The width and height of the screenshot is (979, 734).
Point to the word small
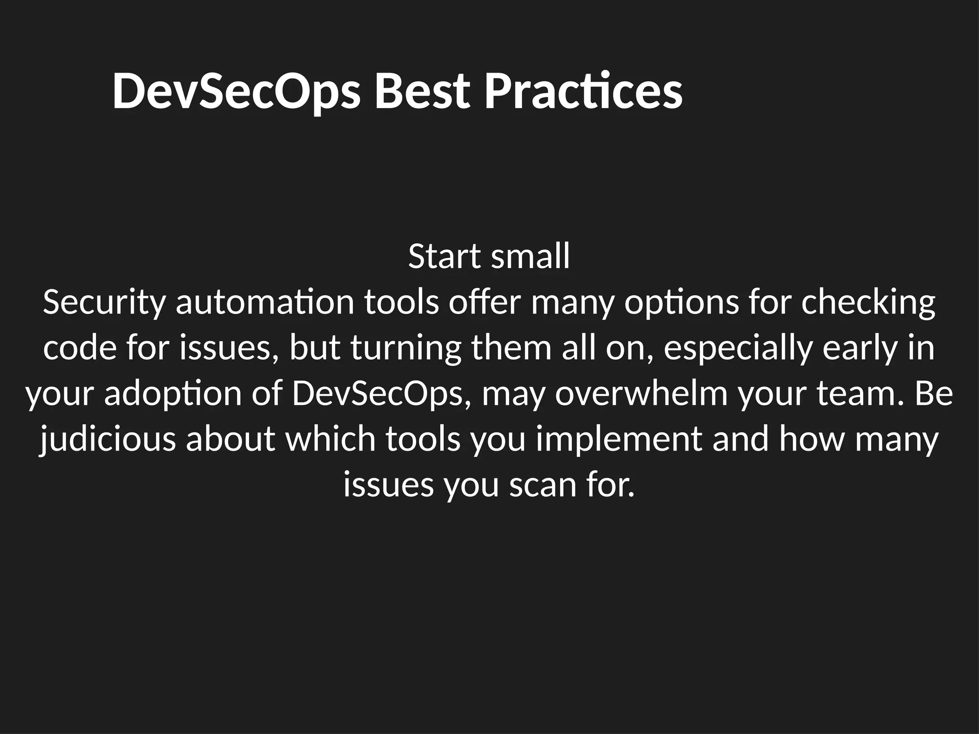(x=531, y=257)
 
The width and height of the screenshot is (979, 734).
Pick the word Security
(x=104, y=302)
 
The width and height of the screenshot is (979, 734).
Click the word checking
(x=868, y=302)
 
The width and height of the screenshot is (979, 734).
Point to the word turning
(x=406, y=348)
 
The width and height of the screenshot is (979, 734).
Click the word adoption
(x=173, y=394)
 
